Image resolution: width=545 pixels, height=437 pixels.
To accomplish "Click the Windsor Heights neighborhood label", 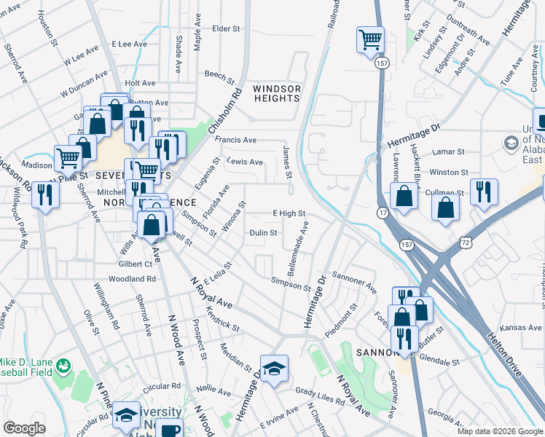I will (x=277, y=93).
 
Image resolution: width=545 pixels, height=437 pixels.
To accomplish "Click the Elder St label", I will (x=226, y=29).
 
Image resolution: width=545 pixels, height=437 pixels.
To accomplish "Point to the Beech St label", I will (x=218, y=74).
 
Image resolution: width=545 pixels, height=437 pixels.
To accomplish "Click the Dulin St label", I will (x=263, y=233).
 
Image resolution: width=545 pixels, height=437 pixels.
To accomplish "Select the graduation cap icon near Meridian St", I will (x=274, y=368).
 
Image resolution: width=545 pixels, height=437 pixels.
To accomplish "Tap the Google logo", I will (x=24, y=428).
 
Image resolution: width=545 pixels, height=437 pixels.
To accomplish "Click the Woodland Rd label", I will (x=132, y=279).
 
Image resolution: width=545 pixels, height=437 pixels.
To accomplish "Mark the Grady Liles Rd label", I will (x=320, y=398).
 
